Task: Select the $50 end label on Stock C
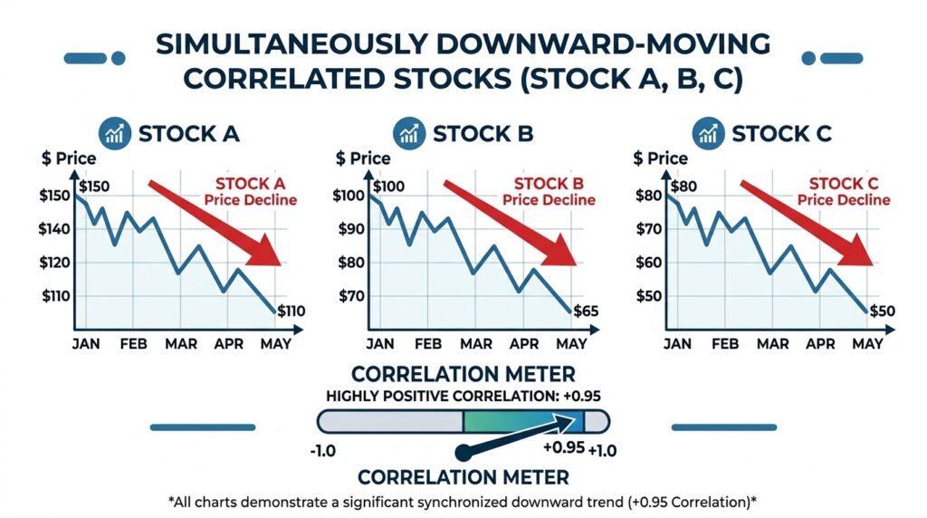pos(883,312)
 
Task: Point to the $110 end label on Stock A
pos(291,312)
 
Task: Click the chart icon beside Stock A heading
pos(114,134)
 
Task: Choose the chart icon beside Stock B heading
pos(409,134)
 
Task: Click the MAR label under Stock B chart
pos(476,344)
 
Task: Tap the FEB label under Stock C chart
pos(724,344)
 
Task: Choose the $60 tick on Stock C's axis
pos(648,263)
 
